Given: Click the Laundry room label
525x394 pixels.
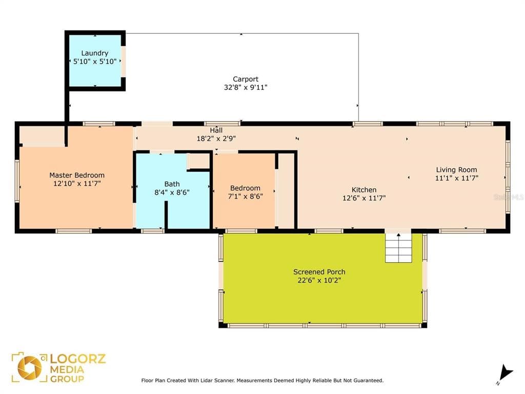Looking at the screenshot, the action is click(95, 53).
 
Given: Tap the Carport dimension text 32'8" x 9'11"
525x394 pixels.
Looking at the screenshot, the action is click(246, 87).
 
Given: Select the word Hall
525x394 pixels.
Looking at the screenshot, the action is click(216, 130).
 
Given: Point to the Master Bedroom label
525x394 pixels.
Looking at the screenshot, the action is click(77, 175).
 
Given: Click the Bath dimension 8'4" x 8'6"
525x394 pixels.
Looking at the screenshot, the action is click(172, 192).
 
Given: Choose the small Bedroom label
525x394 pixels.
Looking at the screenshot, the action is click(245, 188).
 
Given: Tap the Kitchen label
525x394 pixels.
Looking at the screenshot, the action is click(364, 190).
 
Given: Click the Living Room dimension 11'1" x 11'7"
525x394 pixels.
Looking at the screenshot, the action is click(456, 178).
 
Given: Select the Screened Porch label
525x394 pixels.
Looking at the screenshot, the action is click(319, 272).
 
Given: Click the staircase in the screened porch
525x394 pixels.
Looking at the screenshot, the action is click(398, 248).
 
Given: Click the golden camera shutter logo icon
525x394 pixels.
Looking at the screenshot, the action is click(30, 368).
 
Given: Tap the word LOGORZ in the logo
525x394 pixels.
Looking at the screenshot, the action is click(78, 359).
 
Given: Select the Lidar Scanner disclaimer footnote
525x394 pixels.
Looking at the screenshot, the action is click(262, 381).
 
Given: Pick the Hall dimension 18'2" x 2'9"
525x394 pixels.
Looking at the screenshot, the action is click(216, 139).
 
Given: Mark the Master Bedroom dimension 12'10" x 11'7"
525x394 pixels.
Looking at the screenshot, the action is click(77, 184).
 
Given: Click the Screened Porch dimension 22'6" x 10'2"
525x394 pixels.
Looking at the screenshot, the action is click(319, 281).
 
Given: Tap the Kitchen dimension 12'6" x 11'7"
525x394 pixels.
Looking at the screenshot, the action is click(364, 198).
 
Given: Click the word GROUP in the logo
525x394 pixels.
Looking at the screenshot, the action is click(67, 379).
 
